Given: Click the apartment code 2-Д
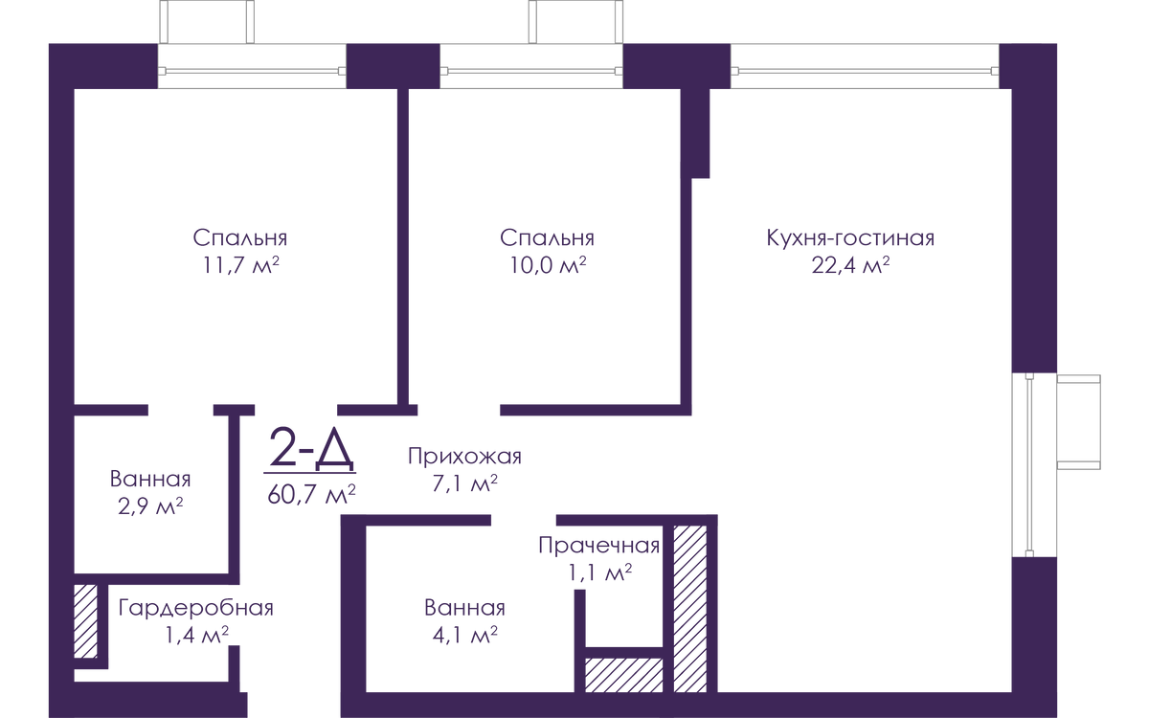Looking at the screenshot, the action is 311,448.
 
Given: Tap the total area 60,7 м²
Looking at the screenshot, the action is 311,495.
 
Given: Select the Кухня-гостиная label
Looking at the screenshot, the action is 850,238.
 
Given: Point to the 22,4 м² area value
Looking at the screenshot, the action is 850,266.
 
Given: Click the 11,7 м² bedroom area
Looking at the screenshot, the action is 240,266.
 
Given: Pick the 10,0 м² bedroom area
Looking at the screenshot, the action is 548,266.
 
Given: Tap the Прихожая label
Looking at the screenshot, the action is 464,457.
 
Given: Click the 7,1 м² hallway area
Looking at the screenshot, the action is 464,483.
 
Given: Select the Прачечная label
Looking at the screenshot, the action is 598,546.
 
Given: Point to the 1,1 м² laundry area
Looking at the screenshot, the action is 599,572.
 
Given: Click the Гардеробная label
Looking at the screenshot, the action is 196,608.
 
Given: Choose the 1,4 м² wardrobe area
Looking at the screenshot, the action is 196,636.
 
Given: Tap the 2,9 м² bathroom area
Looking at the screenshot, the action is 150,506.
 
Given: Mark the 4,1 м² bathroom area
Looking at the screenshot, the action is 464,636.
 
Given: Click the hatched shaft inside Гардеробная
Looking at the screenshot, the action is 85,621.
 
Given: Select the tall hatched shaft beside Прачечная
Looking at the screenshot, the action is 690,609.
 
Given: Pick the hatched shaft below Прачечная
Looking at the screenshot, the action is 623,675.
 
